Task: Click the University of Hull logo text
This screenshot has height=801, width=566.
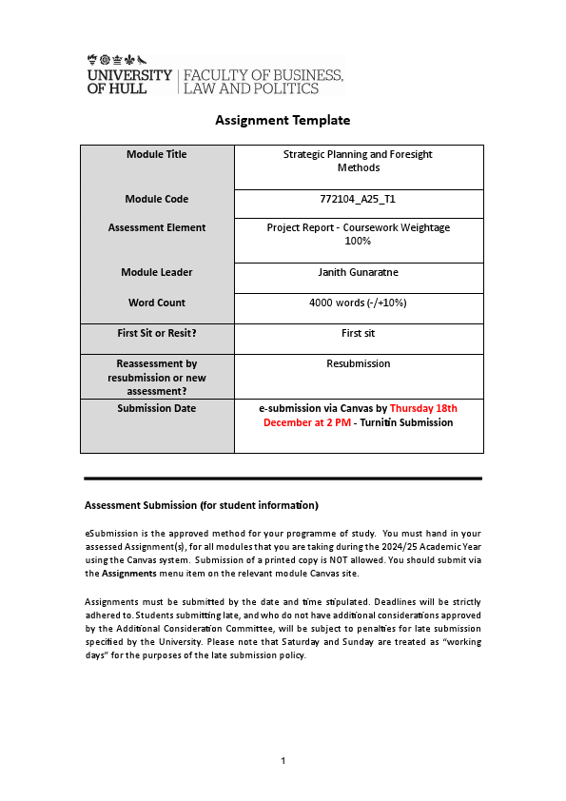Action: coord(129,81)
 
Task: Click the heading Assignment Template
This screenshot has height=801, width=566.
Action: coord(283,120)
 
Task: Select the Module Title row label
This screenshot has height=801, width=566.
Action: coord(157,154)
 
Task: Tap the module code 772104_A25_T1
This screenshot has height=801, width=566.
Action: coord(359,199)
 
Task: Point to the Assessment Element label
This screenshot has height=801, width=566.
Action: coord(157,227)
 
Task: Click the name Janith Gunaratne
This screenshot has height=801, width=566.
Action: coord(359,272)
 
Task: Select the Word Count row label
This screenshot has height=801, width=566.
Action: coord(157,303)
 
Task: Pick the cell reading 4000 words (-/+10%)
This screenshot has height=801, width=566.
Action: coord(359,303)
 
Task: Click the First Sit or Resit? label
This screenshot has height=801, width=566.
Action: coord(157,333)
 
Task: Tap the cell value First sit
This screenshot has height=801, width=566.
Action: coord(359,333)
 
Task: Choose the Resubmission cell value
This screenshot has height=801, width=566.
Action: coord(359,363)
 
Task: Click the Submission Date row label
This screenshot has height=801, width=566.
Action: coord(157,408)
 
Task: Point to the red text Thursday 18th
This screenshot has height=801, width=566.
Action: coord(423,408)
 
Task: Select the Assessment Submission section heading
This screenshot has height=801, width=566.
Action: coord(201,504)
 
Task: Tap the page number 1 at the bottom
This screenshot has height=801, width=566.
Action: coord(283,760)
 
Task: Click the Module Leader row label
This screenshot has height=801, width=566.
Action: coord(157,272)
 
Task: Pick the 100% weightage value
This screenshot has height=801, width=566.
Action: coord(359,242)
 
